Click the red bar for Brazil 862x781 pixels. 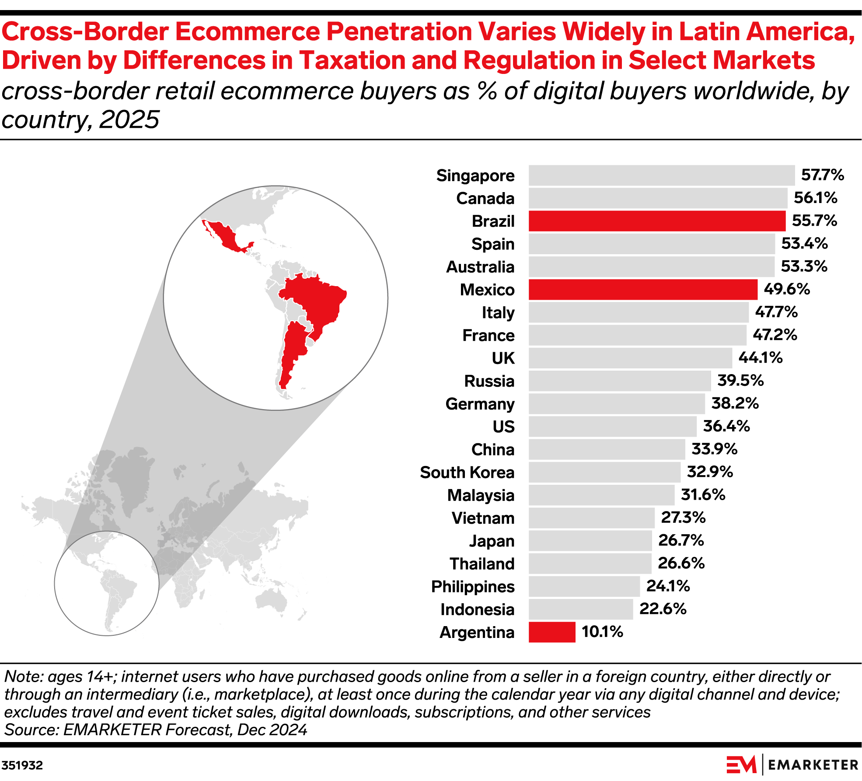[x=656, y=221]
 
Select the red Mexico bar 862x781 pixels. [x=642, y=290]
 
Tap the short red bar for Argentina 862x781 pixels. [x=551, y=632]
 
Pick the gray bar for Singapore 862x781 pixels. [x=661, y=175]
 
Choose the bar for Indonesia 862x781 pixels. [x=580, y=609]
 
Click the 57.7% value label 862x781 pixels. [x=822, y=175]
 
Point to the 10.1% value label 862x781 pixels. [x=602, y=632]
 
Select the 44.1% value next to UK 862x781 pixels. [x=760, y=358]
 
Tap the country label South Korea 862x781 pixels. [x=467, y=473]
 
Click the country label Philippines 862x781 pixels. [x=472, y=587]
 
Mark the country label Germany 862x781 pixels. [x=479, y=404]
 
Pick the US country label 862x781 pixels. [x=503, y=427]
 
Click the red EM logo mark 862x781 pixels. [x=741, y=764]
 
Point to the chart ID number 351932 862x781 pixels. [x=22, y=765]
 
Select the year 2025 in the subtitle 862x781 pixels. [x=129, y=119]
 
